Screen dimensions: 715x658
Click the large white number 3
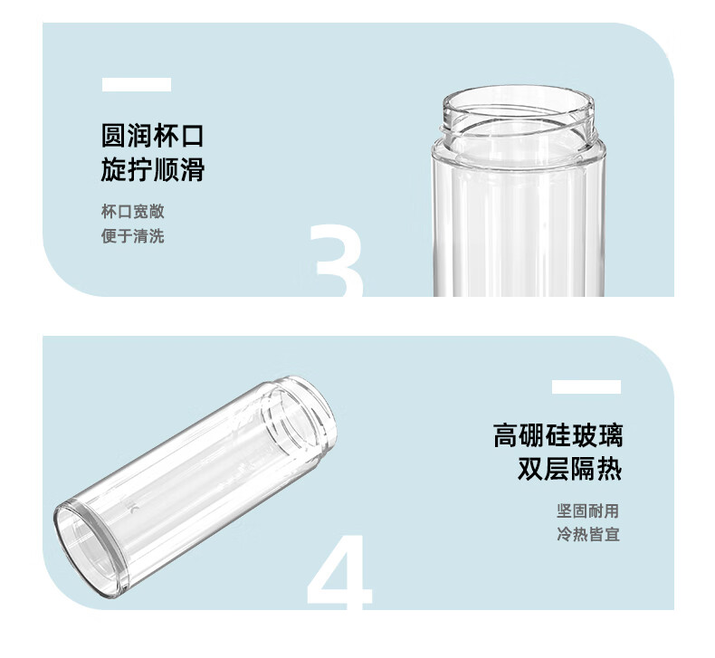pyautogui.click(x=338, y=261)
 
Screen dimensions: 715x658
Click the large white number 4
pyautogui.click(x=339, y=573)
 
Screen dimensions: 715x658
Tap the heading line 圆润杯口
pyautogui.click(x=152, y=136)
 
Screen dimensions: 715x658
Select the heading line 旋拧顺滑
pyautogui.click(x=152, y=169)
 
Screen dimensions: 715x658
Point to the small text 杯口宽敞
pyautogui.click(x=133, y=212)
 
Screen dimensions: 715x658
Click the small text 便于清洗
pyautogui.click(x=133, y=236)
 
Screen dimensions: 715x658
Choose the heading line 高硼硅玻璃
pyautogui.click(x=558, y=435)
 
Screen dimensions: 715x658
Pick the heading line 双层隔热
pyautogui.click(x=570, y=468)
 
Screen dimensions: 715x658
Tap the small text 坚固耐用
pyautogui.click(x=588, y=510)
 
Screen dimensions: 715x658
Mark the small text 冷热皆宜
pyautogui.click(x=588, y=534)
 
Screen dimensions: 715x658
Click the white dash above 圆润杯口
pyautogui.click(x=137, y=85)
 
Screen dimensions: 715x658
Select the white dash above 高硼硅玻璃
pyautogui.click(x=586, y=386)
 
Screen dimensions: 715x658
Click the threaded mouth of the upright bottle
pyautogui.click(x=519, y=110)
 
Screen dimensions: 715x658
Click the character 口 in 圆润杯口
pyautogui.click(x=192, y=136)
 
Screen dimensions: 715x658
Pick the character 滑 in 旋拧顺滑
pyautogui.click(x=192, y=169)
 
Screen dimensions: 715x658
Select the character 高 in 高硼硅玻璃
pyautogui.click(x=506, y=435)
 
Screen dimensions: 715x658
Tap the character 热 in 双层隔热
pyautogui.click(x=610, y=468)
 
